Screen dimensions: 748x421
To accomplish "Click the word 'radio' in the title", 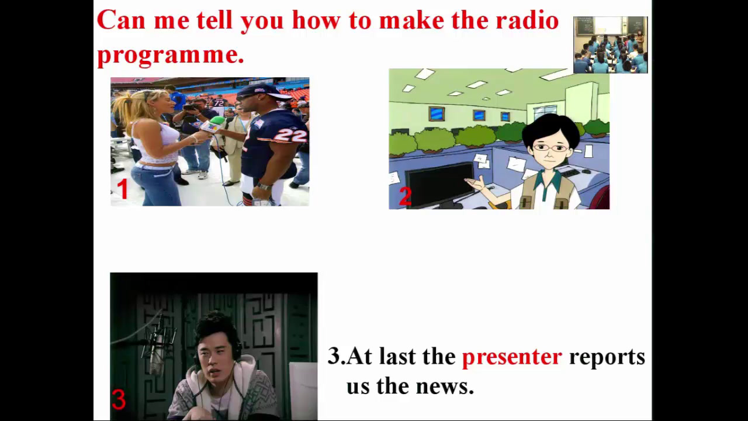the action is point(527,20).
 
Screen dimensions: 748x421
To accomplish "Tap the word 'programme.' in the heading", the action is point(171,55).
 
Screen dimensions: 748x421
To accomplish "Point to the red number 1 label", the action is point(123,189).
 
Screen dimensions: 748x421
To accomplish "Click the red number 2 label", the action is point(406,196).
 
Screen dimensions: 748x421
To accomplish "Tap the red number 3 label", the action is point(119,399).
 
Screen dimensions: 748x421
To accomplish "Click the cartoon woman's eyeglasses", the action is point(550,147).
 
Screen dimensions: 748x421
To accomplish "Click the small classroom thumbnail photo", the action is point(611,45).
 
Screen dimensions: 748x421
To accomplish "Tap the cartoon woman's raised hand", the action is point(476,183).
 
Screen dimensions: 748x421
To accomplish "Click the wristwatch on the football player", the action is point(264,186).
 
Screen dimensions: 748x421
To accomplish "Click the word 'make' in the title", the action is point(412,20).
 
